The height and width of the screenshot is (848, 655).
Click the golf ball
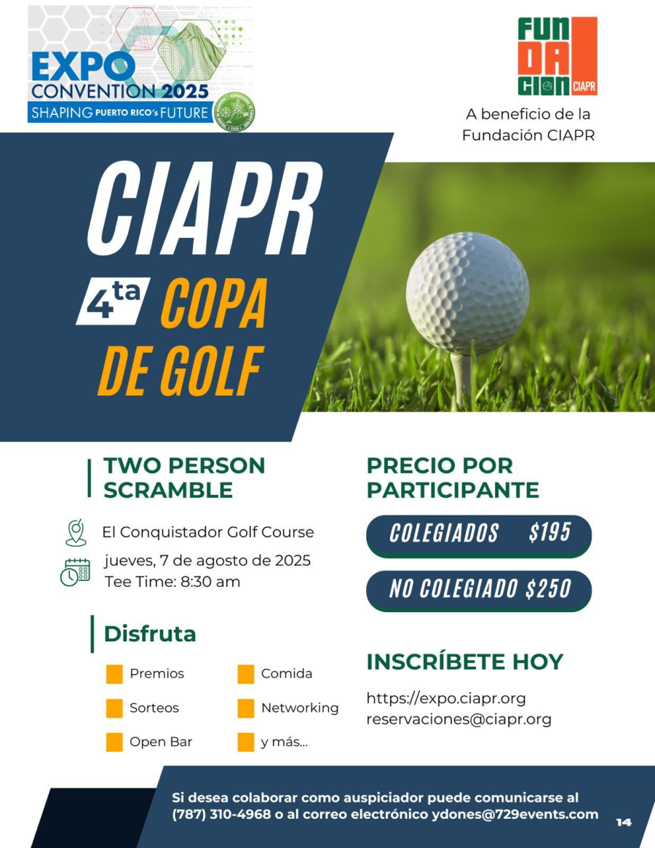point(467,293)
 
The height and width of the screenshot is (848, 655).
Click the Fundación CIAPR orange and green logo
point(557,57)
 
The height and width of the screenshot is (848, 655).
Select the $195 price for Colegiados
point(549,533)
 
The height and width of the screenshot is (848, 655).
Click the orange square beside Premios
point(114,674)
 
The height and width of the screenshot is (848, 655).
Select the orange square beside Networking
point(246,708)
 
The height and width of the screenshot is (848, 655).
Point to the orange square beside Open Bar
point(114,742)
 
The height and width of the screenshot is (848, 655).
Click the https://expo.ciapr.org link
point(445,698)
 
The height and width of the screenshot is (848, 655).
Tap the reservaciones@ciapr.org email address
point(458,719)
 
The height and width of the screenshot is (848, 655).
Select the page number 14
point(624,823)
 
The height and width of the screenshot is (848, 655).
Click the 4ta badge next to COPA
point(113,301)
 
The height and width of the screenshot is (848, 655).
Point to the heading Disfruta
point(149,634)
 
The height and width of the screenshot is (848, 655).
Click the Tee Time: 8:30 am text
point(172,582)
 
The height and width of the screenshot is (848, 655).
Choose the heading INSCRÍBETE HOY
point(464,662)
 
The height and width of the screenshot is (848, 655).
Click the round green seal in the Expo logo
point(237,113)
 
